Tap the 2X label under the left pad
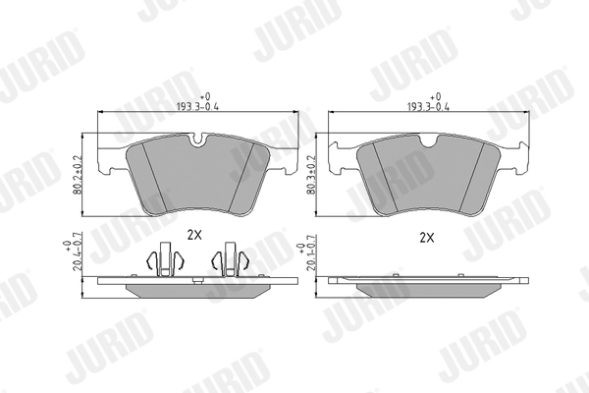193,235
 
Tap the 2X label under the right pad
427,237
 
